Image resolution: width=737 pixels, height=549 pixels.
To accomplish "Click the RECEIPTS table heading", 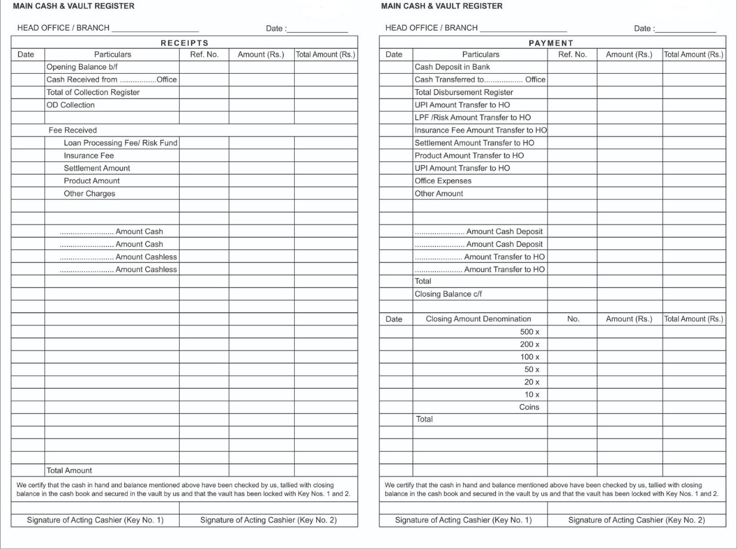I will tap(184, 43).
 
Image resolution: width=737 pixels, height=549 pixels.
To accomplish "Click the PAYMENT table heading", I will tap(551, 43).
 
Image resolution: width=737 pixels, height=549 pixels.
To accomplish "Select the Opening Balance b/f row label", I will tap(82, 67).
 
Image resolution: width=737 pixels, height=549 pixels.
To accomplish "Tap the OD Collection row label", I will tap(70, 105).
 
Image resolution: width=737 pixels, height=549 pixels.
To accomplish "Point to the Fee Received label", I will tap(73, 130).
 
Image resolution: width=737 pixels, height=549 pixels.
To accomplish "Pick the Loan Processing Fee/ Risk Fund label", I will tap(120, 143).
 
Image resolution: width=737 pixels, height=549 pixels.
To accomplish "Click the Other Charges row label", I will tap(89, 194).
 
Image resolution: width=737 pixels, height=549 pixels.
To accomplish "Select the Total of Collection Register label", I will tap(93, 92).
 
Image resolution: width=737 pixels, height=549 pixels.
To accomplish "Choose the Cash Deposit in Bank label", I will tap(452, 67).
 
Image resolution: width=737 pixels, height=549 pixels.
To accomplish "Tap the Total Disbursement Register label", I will tap(464, 92).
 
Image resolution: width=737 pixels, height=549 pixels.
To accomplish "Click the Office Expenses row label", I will tap(443, 181).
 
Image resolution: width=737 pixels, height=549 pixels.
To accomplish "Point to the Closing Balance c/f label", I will tap(448, 294).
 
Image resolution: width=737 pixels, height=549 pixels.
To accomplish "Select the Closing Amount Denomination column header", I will tap(478, 319).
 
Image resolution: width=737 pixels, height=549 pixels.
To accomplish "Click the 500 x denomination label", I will tap(530, 332).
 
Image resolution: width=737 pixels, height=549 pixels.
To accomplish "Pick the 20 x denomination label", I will tap(531, 382).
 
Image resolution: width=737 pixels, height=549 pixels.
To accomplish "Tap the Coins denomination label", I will tap(529, 407).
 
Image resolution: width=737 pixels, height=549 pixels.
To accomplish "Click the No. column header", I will tap(573, 319).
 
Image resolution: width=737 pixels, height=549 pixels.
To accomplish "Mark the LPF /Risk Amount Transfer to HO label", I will tap(473, 118).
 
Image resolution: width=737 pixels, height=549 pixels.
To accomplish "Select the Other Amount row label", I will tap(439, 194).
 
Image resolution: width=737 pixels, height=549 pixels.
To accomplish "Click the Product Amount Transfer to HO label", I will tap(469, 156).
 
